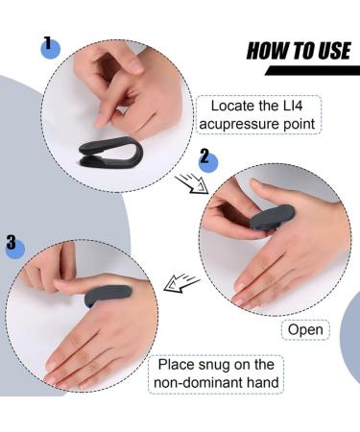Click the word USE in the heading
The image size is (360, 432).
point(331,51)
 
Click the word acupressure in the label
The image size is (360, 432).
point(247,124)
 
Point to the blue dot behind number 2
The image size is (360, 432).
point(208,159)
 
